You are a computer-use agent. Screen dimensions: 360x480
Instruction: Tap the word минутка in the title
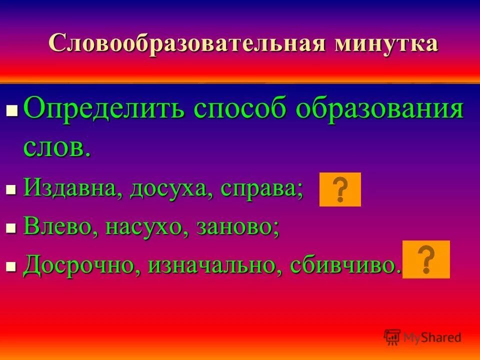click(386, 43)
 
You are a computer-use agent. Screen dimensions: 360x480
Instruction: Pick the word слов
click(56, 146)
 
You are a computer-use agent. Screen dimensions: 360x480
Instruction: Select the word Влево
click(60, 227)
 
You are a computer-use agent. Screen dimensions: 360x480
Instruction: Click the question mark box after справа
click(340, 189)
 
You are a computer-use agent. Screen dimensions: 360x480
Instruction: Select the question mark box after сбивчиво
click(426, 259)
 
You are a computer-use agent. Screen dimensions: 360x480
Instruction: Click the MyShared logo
click(422, 337)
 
